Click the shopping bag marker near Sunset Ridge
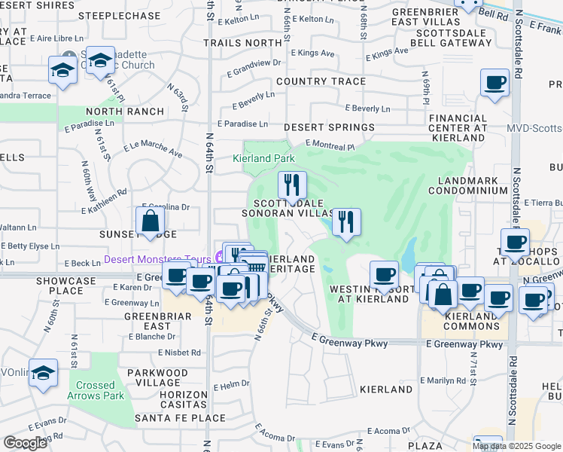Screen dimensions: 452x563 tap(150, 221)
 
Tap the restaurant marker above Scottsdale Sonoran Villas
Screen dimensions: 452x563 tap(291, 185)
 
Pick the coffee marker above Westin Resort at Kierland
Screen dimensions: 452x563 tap(384, 273)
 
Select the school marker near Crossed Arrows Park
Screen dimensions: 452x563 tap(43, 373)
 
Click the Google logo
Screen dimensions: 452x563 tap(25, 442)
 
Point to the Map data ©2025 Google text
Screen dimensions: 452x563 tap(516, 446)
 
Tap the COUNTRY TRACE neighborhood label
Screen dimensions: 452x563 tap(321, 81)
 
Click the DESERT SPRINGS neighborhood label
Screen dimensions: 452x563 tap(329, 128)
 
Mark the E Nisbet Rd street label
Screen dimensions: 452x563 tap(179, 353)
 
